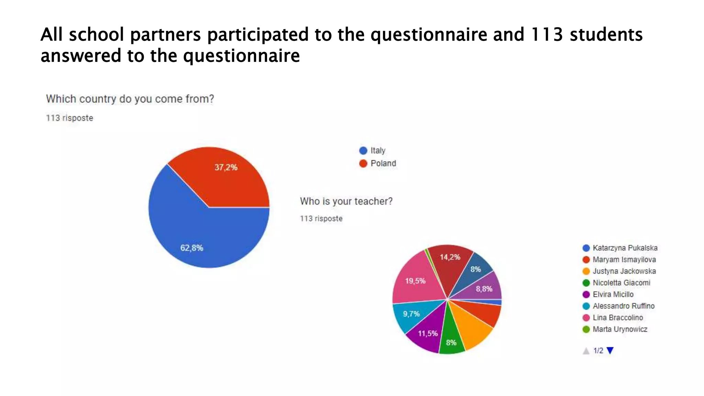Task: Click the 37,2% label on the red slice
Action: [x=226, y=167]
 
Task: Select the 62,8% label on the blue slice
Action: [x=191, y=248]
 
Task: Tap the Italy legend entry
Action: [x=377, y=151]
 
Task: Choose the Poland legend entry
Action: [x=383, y=163]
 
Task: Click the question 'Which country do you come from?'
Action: [x=130, y=99]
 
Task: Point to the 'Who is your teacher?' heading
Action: [x=346, y=201]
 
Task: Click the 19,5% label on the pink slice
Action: [x=415, y=281]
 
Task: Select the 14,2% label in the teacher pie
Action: [x=450, y=257]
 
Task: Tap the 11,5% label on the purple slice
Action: [x=428, y=333]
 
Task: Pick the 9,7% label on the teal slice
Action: [x=411, y=314]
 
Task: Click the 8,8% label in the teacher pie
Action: [x=484, y=289]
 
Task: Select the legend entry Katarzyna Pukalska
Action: [x=625, y=248]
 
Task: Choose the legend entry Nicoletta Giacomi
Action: [x=621, y=283]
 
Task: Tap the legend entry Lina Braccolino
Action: [x=617, y=318]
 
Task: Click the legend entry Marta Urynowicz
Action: [x=619, y=329]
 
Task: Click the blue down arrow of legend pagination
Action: [x=610, y=351]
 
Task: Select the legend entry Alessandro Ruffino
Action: [x=623, y=306]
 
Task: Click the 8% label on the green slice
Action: [x=451, y=342]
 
